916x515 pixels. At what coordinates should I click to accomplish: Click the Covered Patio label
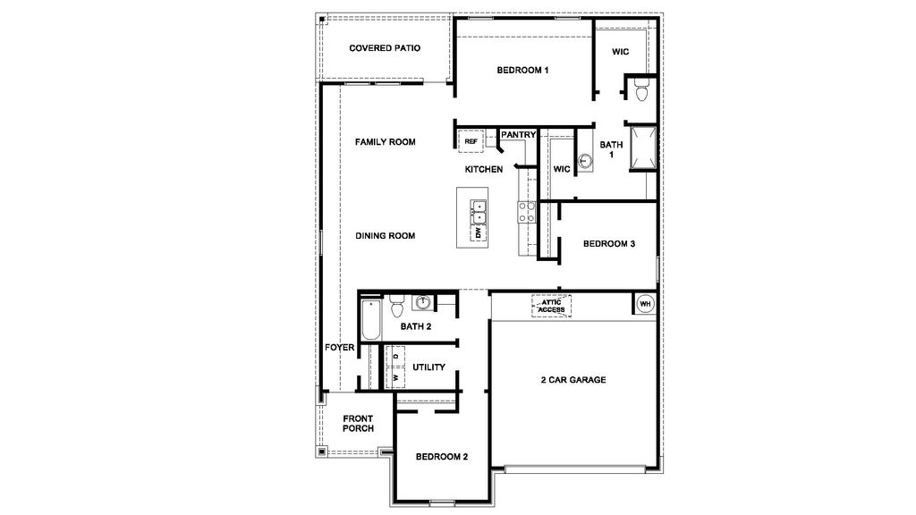click(x=385, y=48)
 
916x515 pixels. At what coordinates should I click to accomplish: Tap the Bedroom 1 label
click(x=523, y=70)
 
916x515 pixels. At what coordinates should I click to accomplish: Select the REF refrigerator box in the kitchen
click(x=471, y=141)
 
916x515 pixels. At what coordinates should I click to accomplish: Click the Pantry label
click(x=518, y=135)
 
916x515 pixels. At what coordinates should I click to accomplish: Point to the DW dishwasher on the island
click(x=479, y=232)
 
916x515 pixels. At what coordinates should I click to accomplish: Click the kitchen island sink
click(x=479, y=212)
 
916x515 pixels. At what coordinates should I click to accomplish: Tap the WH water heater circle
click(x=645, y=305)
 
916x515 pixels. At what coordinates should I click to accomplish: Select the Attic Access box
click(x=551, y=306)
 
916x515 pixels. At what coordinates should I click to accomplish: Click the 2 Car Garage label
click(x=573, y=380)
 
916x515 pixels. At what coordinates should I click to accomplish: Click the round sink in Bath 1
click(x=585, y=161)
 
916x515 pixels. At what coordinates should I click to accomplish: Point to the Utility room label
click(x=428, y=367)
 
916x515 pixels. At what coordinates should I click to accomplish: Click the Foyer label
click(x=340, y=347)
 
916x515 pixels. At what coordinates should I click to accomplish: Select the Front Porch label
click(x=358, y=423)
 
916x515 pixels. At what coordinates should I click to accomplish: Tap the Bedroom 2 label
click(x=442, y=457)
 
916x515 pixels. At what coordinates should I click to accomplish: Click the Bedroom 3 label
click(x=609, y=243)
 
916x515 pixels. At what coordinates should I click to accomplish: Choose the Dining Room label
click(x=386, y=236)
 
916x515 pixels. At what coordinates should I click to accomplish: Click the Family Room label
click(x=385, y=142)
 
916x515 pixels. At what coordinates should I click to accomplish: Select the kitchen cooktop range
click(x=526, y=212)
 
